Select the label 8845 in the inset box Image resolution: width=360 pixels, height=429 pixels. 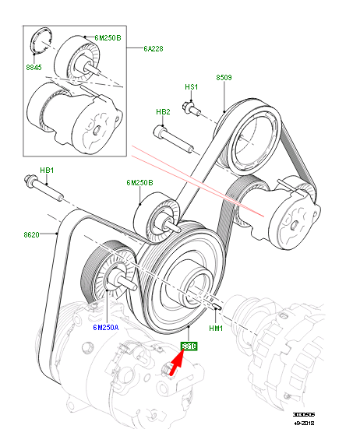click(34, 67)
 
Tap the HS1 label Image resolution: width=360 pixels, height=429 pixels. click(192, 87)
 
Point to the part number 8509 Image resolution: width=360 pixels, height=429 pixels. click(224, 78)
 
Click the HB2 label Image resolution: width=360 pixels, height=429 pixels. click(163, 112)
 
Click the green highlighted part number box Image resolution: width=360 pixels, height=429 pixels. click(189, 345)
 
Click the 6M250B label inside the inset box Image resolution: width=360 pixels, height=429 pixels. click(108, 38)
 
